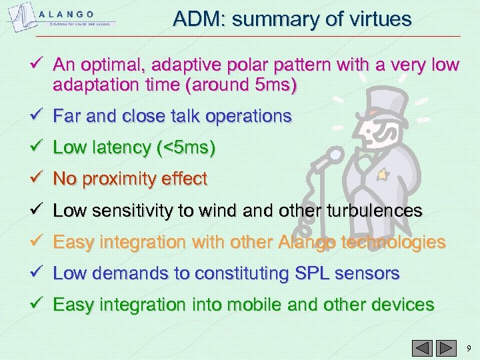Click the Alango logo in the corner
tap(61, 19)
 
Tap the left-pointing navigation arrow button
tap(423, 347)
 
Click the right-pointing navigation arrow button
tap(443, 347)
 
